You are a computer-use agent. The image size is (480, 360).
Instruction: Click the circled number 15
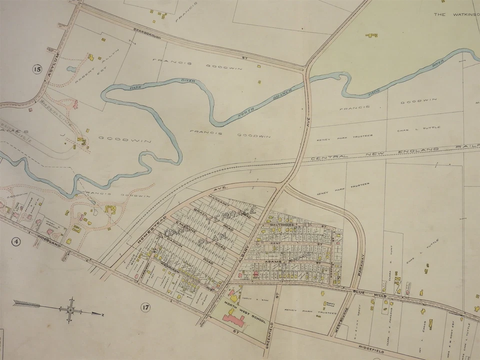tap(36, 69)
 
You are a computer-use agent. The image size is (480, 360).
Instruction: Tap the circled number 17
tap(145, 306)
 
